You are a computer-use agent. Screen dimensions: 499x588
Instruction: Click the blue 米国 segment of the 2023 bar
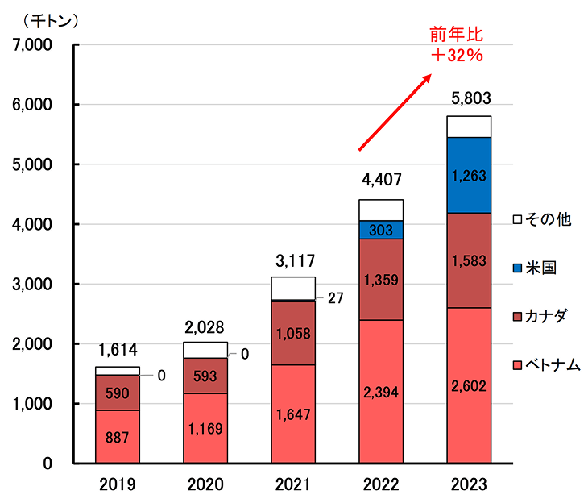469,175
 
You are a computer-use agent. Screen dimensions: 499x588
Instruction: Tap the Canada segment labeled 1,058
292,332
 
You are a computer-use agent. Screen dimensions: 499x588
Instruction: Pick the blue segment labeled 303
380,230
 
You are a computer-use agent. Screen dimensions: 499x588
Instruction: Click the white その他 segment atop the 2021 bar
292,288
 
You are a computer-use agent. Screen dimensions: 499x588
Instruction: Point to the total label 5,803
469,99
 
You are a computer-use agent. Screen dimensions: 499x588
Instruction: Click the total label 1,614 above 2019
118,351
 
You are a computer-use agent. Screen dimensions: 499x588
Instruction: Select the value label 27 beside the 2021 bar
337,298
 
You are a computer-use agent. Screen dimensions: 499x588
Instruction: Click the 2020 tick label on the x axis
205,484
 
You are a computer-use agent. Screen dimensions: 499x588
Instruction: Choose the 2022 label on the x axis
380,484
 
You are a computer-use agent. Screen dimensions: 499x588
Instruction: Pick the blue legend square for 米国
518,268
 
